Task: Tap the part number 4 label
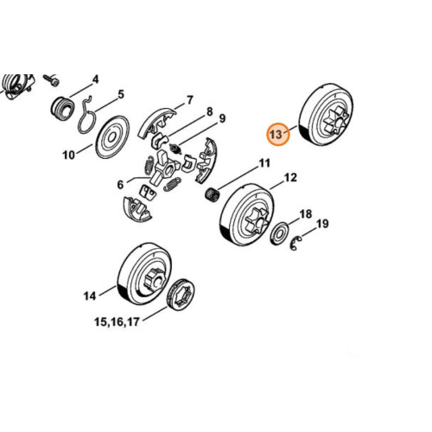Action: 95,79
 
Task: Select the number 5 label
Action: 121,94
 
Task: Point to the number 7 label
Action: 190,100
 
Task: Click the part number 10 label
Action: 69,156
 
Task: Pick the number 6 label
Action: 120,184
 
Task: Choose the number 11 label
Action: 264,163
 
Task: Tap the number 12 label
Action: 290,177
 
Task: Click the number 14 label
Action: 90,295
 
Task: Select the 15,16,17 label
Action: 117,321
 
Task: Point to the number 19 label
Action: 322,224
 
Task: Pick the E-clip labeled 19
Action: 295,244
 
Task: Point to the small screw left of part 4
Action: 51,79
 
